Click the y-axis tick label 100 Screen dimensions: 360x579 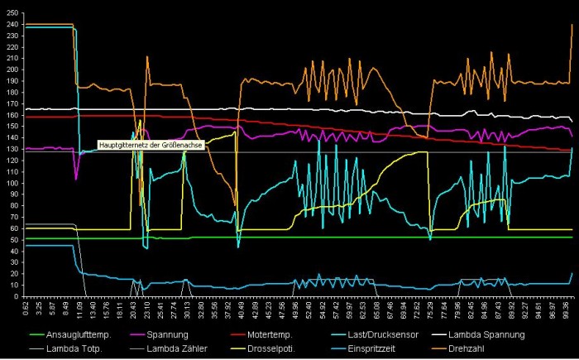[12, 183]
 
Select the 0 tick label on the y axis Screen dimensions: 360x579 [17, 296]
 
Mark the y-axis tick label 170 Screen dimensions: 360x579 [12, 103]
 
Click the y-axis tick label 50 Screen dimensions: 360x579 [15, 240]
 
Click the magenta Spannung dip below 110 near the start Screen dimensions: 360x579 [76, 177]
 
